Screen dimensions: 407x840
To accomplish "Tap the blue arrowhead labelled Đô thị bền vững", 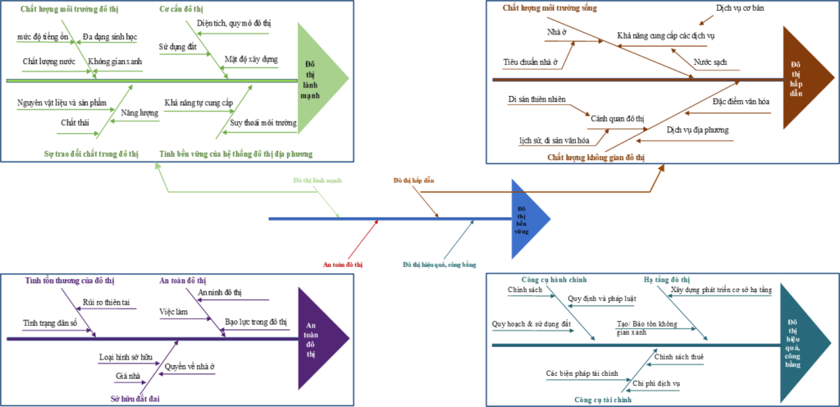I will (x=526, y=218).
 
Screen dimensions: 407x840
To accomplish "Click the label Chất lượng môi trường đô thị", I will (x=63, y=9).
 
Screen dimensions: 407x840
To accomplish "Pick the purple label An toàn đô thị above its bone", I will (x=182, y=281).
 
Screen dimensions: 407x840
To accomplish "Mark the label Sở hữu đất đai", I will (x=135, y=398).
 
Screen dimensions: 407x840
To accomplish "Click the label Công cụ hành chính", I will (x=554, y=281).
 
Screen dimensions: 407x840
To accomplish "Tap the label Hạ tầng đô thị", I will (x=667, y=281).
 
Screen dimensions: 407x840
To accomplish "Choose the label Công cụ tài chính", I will (x=603, y=400).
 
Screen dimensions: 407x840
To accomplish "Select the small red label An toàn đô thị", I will (x=343, y=265).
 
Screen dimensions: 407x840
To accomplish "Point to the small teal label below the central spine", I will (x=439, y=265).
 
